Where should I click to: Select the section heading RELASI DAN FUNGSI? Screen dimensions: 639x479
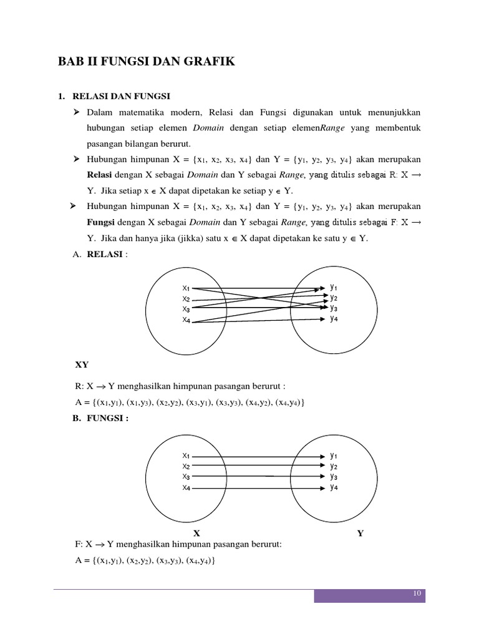(122, 97)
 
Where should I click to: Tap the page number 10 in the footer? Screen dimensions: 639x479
(417, 593)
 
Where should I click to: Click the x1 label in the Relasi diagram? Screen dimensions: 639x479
(186, 288)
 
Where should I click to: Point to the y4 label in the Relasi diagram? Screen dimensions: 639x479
(334, 318)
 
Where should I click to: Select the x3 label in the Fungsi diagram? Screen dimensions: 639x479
(186, 476)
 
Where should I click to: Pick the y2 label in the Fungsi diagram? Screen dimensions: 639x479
(334, 466)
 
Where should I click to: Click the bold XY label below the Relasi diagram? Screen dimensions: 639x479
(82, 364)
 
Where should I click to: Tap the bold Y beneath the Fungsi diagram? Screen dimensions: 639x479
(360, 534)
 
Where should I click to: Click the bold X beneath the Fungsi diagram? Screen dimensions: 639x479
(196, 534)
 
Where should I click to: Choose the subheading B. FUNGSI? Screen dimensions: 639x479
(100, 418)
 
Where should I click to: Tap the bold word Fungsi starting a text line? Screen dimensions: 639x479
(100, 222)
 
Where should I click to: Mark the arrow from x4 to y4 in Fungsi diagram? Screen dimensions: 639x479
(259, 487)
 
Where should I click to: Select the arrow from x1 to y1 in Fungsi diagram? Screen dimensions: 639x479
(259, 456)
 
